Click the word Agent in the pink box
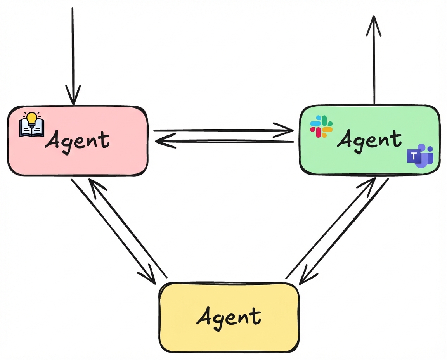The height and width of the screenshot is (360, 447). pyautogui.click(x=77, y=140)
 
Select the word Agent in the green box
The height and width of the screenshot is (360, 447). pyautogui.click(x=369, y=140)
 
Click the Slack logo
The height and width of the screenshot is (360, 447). pyautogui.click(x=321, y=126)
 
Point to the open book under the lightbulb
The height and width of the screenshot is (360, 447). pyautogui.click(x=32, y=129)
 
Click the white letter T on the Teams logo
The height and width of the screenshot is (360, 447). pyautogui.click(x=414, y=156)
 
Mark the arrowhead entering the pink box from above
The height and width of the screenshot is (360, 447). pyautogui.click(x=73, y=96)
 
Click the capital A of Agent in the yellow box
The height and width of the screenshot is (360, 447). pyautogui.click(x=204, y=316)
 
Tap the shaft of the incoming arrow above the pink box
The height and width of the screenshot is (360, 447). pyautogui.click(x=73, y=47)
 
